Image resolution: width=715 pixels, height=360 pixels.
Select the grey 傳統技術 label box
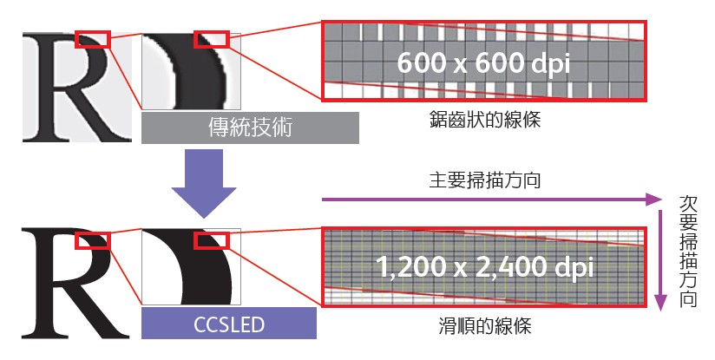[x=251, y=128]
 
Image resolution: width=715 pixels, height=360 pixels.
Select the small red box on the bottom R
[x=93, y=240]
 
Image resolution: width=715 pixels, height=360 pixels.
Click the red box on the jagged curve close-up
[x=211, y=40]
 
